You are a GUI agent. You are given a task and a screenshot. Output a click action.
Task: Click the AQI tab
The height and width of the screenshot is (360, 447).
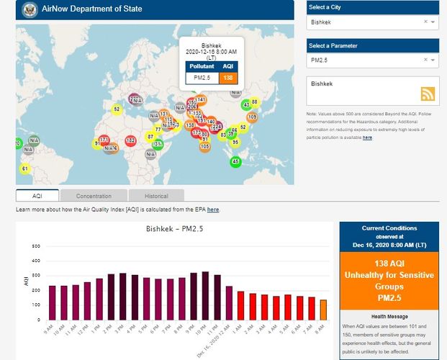(37, 196)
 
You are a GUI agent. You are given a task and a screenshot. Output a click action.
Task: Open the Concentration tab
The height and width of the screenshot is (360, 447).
(94, 196)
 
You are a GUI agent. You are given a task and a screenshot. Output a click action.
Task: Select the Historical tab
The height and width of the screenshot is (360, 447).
(156, 196)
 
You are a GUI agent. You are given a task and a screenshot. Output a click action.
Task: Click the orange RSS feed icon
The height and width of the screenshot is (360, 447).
(428, 94)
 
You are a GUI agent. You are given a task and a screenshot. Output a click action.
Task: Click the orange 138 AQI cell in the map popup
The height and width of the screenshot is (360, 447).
(227, 77)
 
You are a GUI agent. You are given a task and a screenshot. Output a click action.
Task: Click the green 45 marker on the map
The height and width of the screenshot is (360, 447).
(235, 161)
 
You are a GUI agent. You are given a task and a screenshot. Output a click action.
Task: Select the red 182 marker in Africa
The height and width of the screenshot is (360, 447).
(130, 140)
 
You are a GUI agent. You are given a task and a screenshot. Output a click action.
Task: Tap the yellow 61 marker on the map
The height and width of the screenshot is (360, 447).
(24, 168)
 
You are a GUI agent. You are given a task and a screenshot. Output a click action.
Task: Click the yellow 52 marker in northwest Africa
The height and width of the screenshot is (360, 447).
(117, 109)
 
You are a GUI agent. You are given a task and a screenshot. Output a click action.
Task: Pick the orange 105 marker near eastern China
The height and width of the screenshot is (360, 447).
(252, 117)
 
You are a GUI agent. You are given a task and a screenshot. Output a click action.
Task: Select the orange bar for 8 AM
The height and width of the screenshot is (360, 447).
(323, 310)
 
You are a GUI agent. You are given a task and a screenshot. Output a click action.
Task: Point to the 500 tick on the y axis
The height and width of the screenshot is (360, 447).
(36, 246)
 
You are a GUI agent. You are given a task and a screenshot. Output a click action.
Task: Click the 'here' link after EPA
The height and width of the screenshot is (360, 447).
(213, 210)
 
